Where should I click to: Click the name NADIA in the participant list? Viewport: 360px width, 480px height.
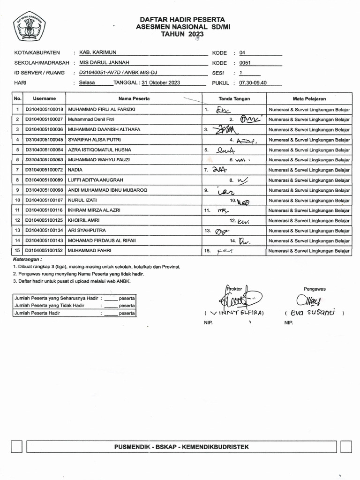pos(75,170)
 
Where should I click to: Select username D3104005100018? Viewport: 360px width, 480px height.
pos(45,109)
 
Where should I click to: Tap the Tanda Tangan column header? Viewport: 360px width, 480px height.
pos(234,99)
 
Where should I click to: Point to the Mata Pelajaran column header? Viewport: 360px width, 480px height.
pos(309,99)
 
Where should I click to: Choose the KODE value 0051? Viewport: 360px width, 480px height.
pos(245,63)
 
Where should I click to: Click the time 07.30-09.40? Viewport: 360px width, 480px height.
pos(253,83)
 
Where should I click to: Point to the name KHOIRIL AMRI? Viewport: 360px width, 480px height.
pos(84,220)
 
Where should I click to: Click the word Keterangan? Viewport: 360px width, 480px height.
pos(27,259)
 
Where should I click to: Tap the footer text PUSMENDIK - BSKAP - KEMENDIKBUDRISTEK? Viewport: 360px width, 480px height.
pos(181,447)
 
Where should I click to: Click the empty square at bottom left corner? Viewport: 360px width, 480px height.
pos(17,447)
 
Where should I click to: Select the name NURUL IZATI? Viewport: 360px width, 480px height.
pos(82,200)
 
